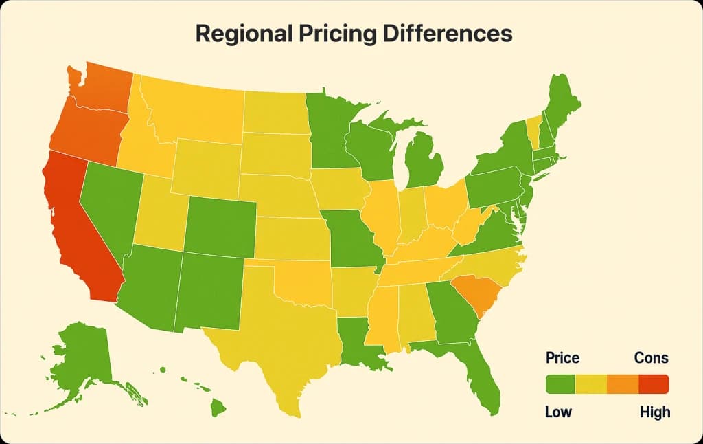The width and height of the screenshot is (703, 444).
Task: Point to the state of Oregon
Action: tap(82, 131)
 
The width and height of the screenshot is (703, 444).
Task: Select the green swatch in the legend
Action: tap(560, 384)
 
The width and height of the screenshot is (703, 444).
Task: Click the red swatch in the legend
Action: tap(654, 384)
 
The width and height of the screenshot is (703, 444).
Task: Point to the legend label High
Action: tap(654, 412)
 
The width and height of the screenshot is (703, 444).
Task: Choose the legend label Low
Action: tap(557, 412)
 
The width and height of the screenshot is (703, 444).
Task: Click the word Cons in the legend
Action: tap(651, 358)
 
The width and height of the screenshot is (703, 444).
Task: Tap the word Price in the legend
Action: tap(562, 358)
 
